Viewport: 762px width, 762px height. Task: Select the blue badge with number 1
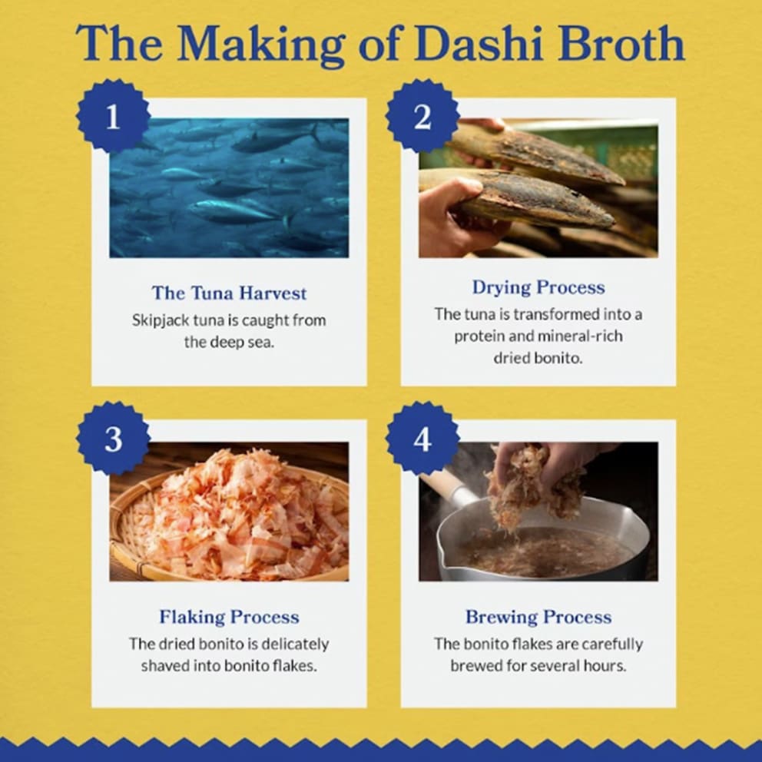pyautogui.click(x=113, y=117)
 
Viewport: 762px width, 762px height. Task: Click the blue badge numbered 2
pyautogui.click(x=422, y=117)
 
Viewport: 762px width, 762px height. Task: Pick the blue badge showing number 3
pyautogui.click(x=113, y=439)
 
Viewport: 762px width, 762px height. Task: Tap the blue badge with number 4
pyautogui.click(x=422, y=439)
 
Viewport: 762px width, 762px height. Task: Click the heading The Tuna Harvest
pyautogui.click(x=229, y=293)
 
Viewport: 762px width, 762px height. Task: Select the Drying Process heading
pyautogui.click(x=538, y=287)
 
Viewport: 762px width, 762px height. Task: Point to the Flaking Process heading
pyautogui.click(x=229, y=617)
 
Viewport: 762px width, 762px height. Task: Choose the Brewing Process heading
pyautogui.click(x=538, y=617)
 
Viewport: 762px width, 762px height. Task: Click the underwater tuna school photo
pyautogui.click(x=229, y=187)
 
